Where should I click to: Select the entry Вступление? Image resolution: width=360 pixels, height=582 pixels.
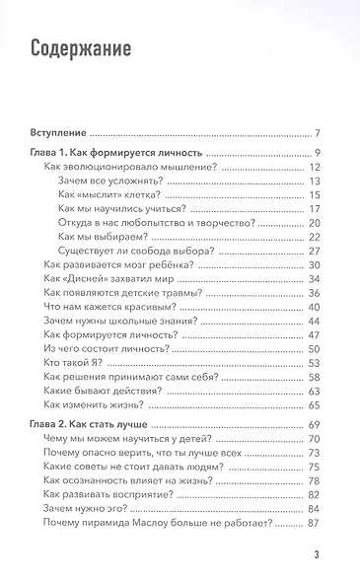coord(57,132)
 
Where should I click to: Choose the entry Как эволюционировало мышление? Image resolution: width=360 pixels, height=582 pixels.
coord(118,167)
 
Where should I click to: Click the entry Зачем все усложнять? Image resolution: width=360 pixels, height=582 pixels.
coord(113,181)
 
